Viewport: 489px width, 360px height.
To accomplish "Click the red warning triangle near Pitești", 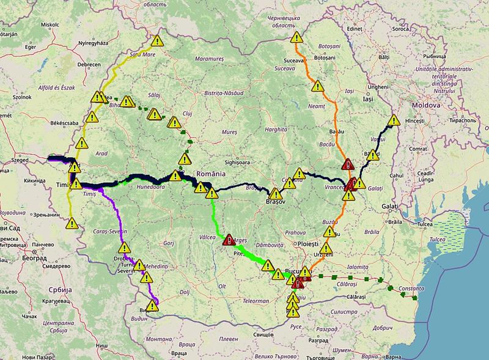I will (x=229, y=240).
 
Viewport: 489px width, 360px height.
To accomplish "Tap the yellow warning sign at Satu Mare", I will (x=158, y=42).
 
